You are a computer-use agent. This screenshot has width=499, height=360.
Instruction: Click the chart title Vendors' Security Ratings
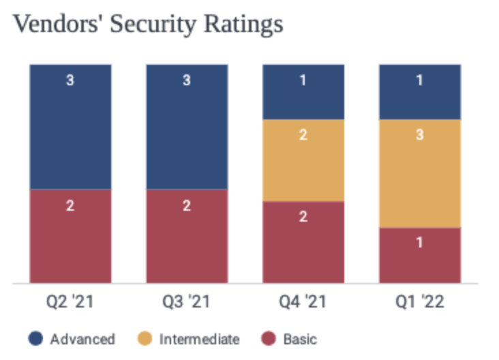[148, 25]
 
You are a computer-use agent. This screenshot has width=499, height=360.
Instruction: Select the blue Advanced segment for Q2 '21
[70, 126]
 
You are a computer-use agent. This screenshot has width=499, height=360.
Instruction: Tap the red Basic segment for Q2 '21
[70, 235]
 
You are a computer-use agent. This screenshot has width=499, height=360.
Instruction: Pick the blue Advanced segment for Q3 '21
[187, 126]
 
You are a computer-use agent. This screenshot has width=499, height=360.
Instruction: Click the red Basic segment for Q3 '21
[187, 235]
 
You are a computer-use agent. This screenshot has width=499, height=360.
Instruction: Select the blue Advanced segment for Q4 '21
[303, 92]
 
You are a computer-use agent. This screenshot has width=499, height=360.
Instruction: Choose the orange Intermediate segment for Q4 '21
[303, 160]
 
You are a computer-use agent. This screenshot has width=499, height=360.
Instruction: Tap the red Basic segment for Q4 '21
[303, 241]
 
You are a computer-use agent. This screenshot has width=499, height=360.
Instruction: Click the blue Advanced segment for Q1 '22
[420, 92]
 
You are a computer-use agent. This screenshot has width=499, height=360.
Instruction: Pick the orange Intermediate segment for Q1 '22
[420, 173]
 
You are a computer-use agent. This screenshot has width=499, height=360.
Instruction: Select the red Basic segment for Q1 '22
[420, 255]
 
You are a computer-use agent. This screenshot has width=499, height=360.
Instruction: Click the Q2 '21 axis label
[70, 301]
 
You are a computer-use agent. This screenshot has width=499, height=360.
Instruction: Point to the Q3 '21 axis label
[187, 301]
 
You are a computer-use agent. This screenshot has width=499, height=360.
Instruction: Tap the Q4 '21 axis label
[303, 301]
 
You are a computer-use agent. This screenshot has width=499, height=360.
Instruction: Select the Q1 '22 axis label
[420, 301]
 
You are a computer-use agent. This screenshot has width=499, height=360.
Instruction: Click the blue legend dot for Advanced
[36, 339]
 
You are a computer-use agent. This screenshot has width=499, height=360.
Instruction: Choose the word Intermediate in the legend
[199, 339]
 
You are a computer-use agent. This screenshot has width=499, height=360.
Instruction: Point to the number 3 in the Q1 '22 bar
[420, 135]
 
